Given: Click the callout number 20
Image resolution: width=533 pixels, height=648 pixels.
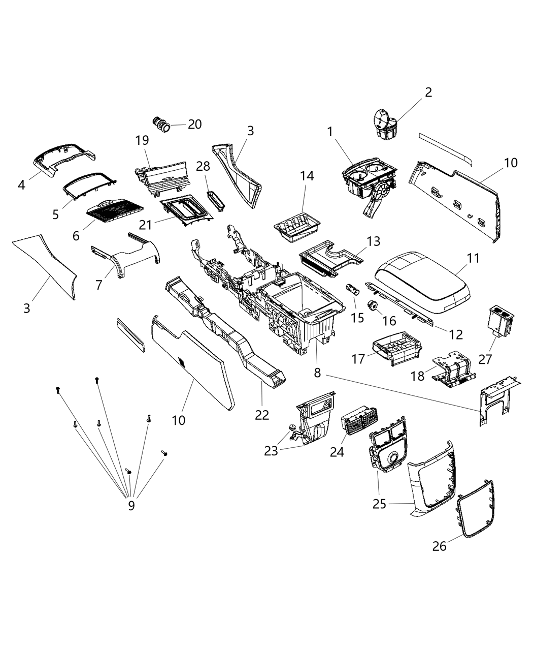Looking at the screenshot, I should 194,124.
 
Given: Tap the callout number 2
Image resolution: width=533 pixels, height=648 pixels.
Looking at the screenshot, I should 428,92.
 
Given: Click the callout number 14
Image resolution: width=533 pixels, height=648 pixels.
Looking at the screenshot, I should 307,176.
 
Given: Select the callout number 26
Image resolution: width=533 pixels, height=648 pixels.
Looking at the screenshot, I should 440,547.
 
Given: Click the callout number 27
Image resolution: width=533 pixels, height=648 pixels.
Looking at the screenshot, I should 486,359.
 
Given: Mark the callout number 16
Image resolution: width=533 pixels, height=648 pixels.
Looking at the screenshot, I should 390,321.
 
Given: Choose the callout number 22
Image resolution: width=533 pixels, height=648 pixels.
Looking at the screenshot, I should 262,415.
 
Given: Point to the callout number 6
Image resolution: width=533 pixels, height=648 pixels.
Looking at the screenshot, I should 76,236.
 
